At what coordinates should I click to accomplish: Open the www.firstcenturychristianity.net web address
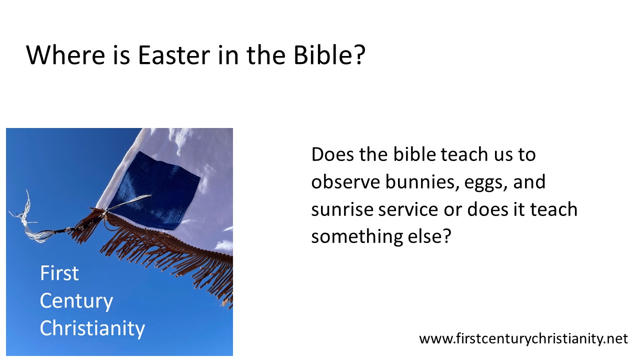tap(523, 338)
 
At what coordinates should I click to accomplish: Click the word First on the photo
tap(59, 273)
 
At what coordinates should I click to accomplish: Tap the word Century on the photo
tap(76, 301)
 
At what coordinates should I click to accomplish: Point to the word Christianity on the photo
tap(92, 328)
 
